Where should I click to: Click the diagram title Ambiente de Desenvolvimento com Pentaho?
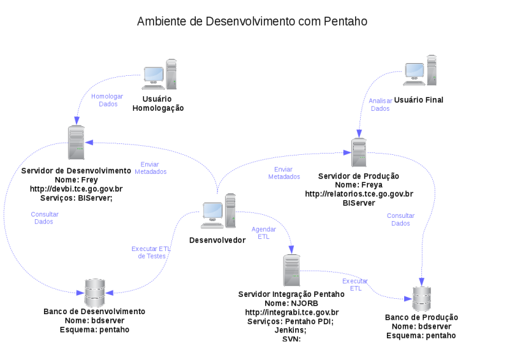point(252,22)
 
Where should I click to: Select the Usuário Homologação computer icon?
point(160,73)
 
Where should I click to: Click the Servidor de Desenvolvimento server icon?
point(76,143)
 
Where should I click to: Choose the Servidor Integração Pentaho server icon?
point(291,270)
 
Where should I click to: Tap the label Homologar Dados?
point(106,100)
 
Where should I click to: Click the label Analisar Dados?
point(381,104)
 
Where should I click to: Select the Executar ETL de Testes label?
point(151,252)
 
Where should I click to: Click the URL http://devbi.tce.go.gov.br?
point(76,189)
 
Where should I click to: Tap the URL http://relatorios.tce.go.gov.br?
point(359,194)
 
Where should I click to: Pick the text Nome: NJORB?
point(291,303)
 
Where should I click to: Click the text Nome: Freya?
point(359,185)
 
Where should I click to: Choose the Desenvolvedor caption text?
point(217,240)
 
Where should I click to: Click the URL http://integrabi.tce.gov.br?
point(291,312)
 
